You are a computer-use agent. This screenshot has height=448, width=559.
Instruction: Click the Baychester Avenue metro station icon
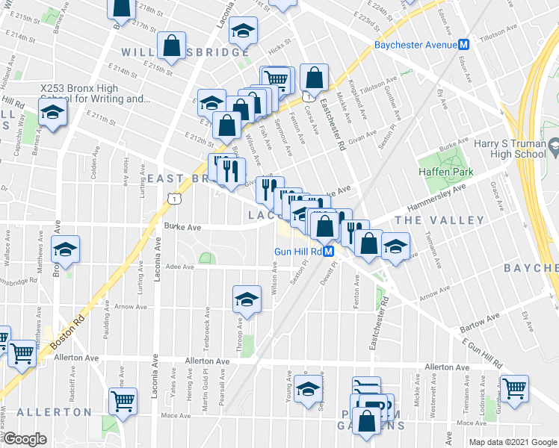click(464, 45)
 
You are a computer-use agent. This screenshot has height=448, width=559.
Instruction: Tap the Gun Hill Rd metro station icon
click(327, 252)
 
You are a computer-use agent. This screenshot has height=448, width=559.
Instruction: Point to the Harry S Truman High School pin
click(554, 147)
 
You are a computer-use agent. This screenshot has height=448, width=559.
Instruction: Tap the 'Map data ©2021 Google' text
click(513, 442)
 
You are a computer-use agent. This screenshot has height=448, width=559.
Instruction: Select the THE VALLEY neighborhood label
click(439, 220)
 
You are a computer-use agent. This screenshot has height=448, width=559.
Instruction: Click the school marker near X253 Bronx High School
click(53, 113)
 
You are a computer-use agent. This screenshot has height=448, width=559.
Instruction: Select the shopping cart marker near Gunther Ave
click(514, 387)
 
